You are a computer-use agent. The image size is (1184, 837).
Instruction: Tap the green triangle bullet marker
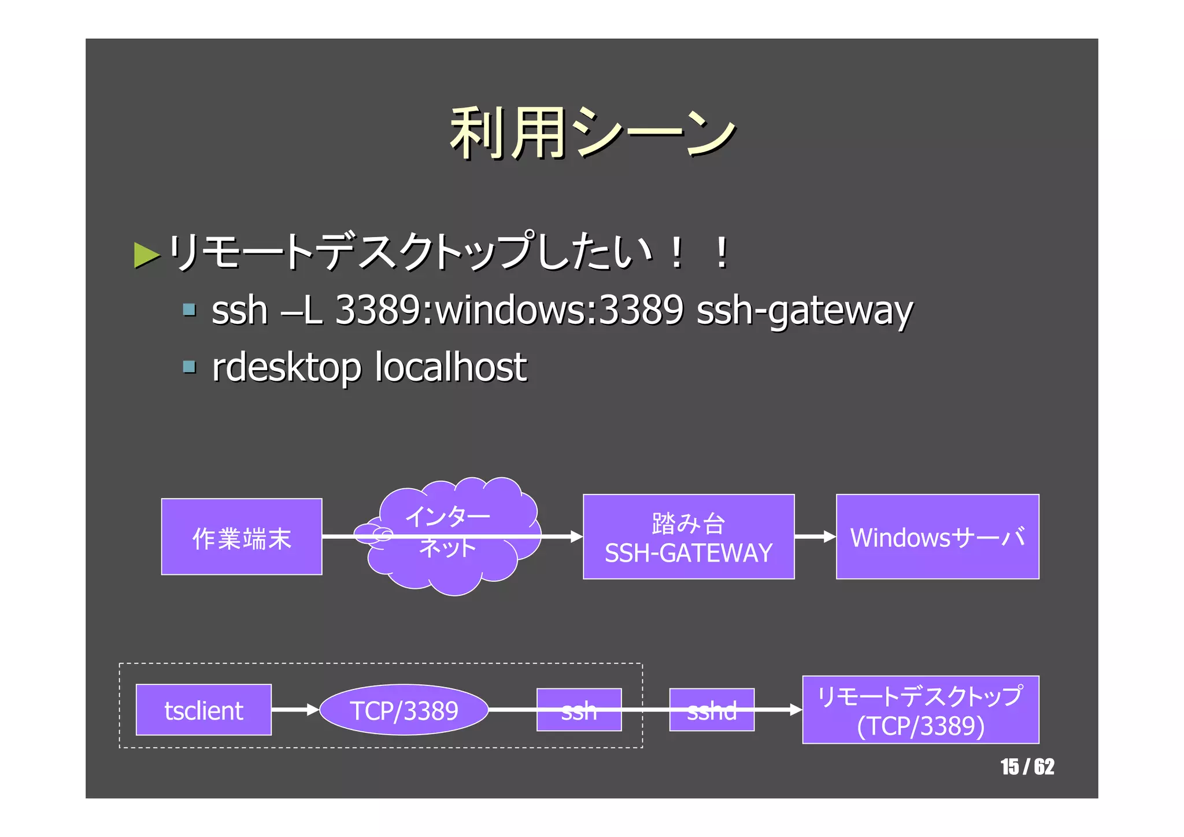pos(146,255)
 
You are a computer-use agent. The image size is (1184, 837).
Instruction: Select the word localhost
pos(451,367)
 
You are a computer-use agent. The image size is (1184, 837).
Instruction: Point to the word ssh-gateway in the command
pos(804,311)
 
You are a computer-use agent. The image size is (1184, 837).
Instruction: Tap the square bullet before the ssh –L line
pos(189,309)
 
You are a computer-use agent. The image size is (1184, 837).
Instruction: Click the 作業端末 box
pos(242,537)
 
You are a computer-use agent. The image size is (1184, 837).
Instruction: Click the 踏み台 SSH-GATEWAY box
pos(689,537)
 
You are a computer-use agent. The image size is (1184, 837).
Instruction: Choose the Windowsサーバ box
pos(937,537)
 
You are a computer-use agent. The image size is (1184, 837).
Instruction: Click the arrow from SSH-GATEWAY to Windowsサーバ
pos(815,537)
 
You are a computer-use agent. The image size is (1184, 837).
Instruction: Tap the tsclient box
pos(203,710)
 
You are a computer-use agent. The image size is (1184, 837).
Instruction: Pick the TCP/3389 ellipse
pos(404,710)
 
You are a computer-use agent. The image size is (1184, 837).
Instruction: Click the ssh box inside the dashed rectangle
pos(579,710)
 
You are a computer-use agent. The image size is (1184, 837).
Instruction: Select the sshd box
pos(712,710)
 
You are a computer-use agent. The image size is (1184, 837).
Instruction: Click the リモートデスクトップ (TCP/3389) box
pos(920,710)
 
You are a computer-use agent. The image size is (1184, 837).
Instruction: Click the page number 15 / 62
pos(1027,767)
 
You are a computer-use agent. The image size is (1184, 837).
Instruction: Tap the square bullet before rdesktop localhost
pos(189,366)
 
